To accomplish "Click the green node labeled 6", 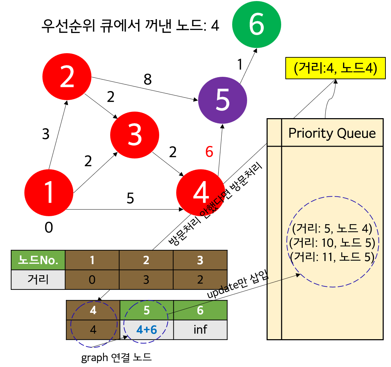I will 256,25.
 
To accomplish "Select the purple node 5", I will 222,100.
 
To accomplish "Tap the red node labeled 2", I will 67,78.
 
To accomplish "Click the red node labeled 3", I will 135,134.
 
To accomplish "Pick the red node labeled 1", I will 49,192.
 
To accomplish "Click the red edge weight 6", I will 209,152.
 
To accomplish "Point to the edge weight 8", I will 148,80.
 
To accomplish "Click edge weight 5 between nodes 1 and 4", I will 130,198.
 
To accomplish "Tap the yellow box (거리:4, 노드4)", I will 335,68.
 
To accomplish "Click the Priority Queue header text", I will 332,133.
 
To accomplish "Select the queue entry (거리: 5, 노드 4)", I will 332,229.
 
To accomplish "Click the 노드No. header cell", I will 38,260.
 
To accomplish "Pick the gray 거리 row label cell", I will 38,279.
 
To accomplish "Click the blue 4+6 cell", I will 147,329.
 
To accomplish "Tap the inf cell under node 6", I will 200,329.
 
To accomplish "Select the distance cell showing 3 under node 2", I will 146,279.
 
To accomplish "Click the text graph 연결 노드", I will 116,358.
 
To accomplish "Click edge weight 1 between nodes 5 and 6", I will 239,65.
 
